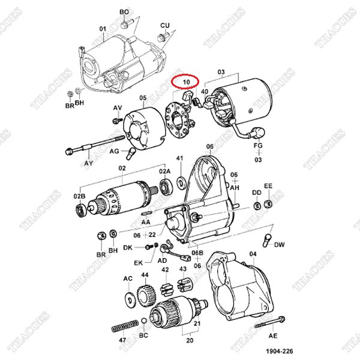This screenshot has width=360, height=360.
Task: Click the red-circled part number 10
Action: pyautogui.click(x=186, y=82)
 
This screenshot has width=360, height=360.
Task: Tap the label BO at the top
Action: pyautogui.click(x=124, y=12)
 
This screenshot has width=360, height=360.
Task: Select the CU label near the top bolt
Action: pyautogui.click(x=165, y=25)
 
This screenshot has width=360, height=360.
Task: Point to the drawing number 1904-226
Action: pyautogui.click(x=279, y=351)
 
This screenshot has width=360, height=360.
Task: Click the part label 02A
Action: pyautogui.click(x=164, y=171)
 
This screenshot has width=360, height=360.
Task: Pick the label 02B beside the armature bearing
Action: pyautogui.click(x=79, y=196)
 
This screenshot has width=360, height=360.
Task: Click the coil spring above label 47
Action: pyautogui.click(x=125, y=326)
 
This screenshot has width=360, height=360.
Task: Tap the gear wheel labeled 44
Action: pyautogui.click(x=146, y=295)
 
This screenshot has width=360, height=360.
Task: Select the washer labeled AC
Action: pyautogui.click(x=130, y=299)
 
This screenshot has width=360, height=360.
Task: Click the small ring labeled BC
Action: pyautogui.click(x=144, y=320)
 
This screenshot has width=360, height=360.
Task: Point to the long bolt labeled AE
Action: pyautogui.click(x=270, y=322)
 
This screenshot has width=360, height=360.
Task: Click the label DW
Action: pyautogui.click(x=279, y=245)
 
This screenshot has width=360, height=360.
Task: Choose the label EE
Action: pyautogui.click(x=268, y=186)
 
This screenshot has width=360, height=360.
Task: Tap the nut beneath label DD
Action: pyautogui.click(x=257, y=206)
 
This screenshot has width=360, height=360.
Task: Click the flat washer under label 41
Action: pyautogui.click(x=181, y=183)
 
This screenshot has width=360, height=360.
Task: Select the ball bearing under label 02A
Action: pyautogui.click(x=166, y=187)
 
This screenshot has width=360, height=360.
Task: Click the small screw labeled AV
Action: pyautogui.click(x=118, y=120)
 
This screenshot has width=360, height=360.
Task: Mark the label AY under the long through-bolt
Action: pyautogui.click(x=89, y=163)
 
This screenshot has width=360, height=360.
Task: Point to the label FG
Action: pyautogui.click(x=258, y=145)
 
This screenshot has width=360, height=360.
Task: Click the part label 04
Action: pyautogui.click(x=253, y=254)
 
